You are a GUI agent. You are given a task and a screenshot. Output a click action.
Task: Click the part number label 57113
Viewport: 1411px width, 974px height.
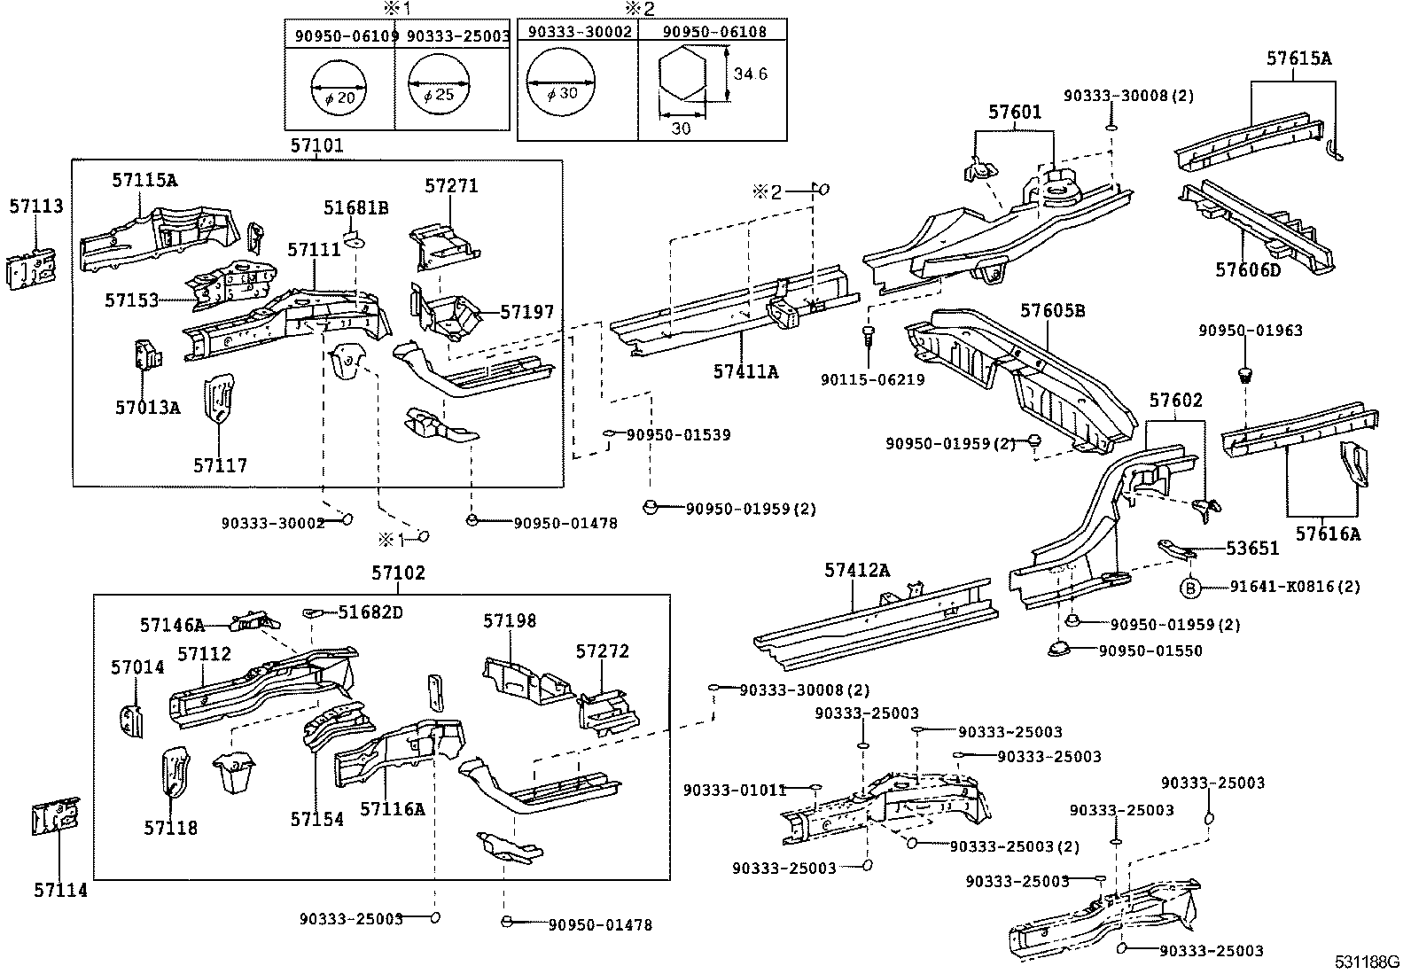click(x=36, y=206)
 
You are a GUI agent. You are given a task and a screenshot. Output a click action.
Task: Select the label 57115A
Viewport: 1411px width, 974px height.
click(x=144, y=181)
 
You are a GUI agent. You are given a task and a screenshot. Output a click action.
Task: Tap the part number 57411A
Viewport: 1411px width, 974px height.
click(x=745, y=372)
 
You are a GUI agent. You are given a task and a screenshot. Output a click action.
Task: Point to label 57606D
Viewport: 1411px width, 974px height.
click(x=1247, y=270)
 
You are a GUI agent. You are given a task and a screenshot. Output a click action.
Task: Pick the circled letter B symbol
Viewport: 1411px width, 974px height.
click(x=1190, y=587)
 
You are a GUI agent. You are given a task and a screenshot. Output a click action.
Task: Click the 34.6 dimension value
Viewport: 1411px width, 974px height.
click(x=750, y=74)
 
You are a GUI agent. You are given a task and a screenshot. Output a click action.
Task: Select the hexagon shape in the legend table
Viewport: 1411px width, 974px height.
click(x=684, y=74)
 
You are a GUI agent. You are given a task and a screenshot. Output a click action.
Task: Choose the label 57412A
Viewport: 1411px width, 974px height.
click(x=856, y=571)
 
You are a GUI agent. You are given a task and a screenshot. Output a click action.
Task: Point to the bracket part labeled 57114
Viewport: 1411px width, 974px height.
click(x=55, y=822)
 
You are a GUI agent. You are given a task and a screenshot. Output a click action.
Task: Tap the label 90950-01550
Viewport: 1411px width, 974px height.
click(x=1150, y=651)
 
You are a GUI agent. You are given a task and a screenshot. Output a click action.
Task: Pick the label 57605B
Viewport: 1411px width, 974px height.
click(x=1052, y=311)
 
